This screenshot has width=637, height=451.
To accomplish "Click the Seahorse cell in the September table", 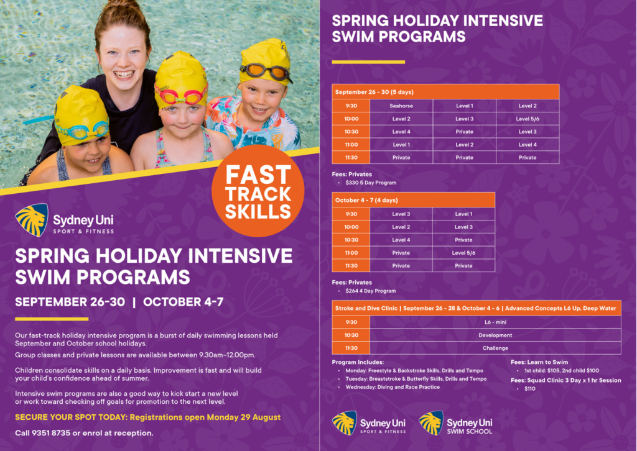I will click(401, 106).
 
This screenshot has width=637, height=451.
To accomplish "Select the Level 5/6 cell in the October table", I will click(463, 253).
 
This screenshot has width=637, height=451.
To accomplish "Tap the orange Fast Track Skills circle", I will click(258, 191).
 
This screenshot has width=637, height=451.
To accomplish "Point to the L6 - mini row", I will click(495, 322).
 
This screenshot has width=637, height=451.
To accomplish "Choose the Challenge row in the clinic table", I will click(495, 348).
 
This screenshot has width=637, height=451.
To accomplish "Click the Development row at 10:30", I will click(495, 335).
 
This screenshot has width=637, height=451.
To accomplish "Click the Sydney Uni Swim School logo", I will click(456, 423).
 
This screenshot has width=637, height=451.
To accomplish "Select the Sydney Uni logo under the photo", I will click(65, 221).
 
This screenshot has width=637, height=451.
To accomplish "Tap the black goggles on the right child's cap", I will click(266, 71).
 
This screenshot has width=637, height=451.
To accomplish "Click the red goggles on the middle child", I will click(182, 96).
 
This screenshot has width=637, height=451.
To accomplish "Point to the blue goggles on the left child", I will click(81, 130).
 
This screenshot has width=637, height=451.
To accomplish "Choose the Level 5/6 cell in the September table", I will click(527, 119).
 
